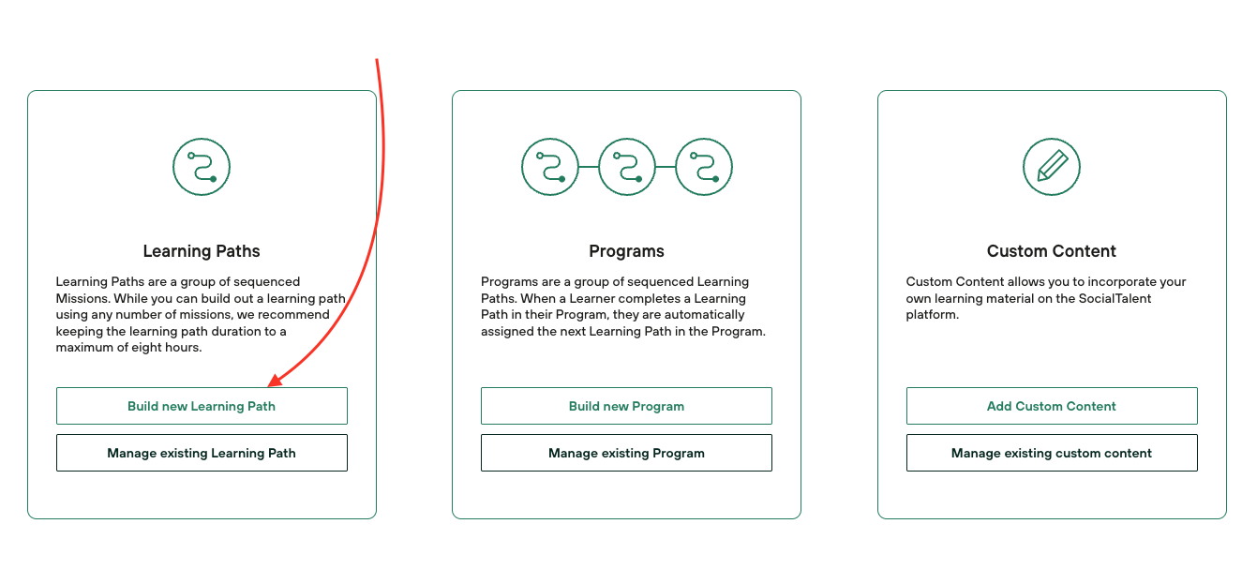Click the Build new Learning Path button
point(202,406)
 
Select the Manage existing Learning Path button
point(202,453)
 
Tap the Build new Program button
point(626,406)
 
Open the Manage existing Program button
point(626,453)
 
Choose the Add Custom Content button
point(1052,406)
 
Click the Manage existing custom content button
point(1052,453)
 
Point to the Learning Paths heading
point(202,251)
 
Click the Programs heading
point(626,251)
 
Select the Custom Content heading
point(1052,251)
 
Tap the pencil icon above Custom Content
point(1052,167)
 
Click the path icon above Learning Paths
point(202,167)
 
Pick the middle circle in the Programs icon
point(627,167)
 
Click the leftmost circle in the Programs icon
point(550,167)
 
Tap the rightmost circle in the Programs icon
point(704,167)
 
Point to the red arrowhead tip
point(268,386)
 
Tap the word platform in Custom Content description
point(932,315)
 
